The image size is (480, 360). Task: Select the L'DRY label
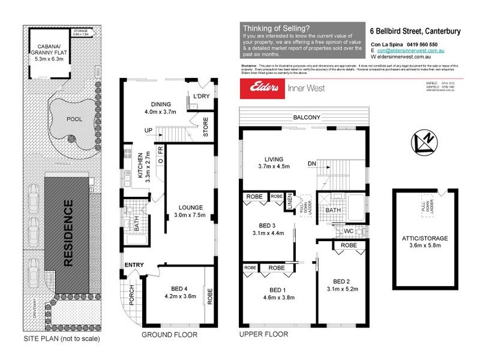pyautogui.click(x=200, y=95)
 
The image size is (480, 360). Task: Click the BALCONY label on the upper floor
pyautogui.click(x=306, y=117)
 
